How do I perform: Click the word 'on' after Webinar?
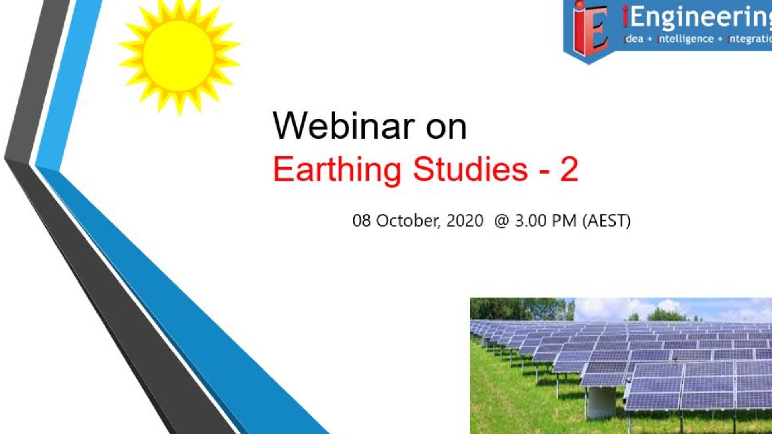446,128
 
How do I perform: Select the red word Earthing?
337,170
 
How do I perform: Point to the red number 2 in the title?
569,169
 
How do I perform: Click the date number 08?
361,221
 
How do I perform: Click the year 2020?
465,221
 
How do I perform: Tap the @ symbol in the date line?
501,221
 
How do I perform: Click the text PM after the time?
564,221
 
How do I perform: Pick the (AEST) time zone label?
607,221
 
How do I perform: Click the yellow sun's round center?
178,55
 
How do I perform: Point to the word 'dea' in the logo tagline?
634,39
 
